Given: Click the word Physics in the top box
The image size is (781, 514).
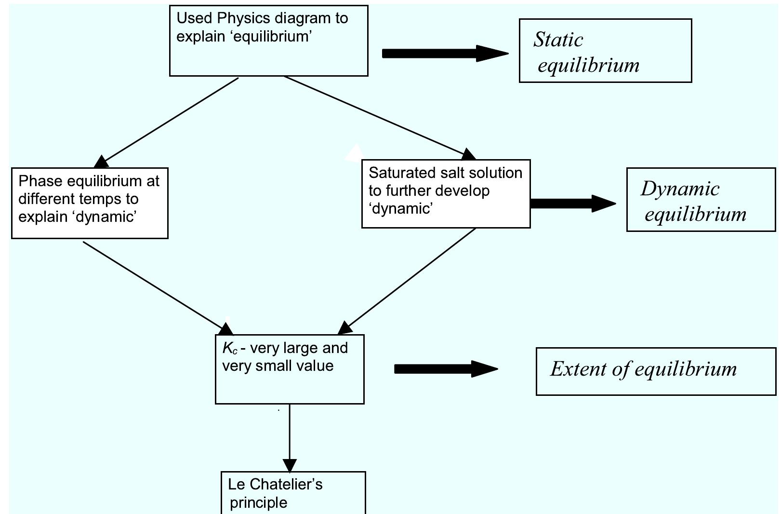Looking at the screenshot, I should click(243, 18).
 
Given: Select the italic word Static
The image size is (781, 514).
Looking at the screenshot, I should click(558, 40).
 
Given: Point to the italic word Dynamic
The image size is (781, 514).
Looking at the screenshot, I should click(680, 189).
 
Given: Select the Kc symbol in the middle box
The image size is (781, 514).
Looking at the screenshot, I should click(229, 348).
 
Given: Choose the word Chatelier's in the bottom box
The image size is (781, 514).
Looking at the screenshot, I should click(286, 484).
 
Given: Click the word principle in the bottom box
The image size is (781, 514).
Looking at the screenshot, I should click(258, 502).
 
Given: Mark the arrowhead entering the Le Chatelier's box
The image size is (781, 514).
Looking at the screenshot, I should click(290, 466).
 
